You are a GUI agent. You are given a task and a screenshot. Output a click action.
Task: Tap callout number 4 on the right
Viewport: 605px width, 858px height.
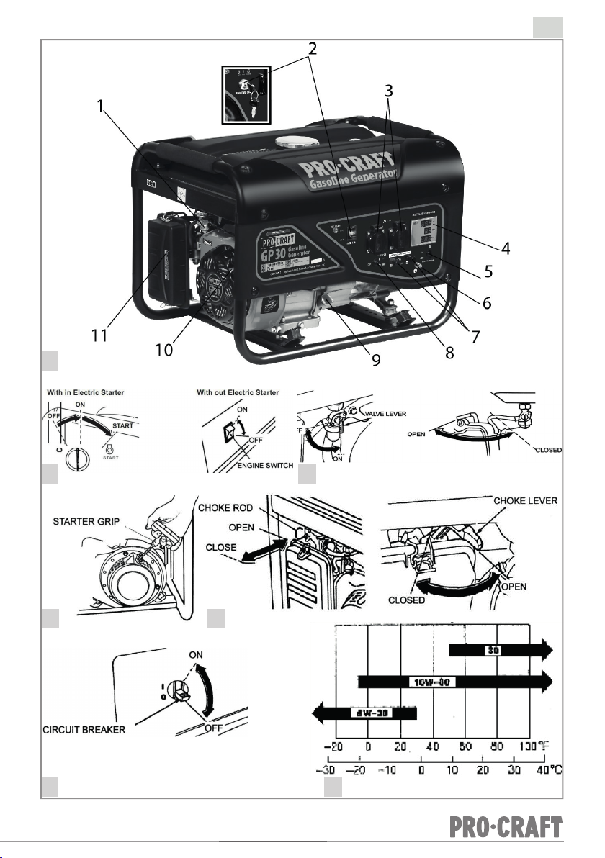point(507,248)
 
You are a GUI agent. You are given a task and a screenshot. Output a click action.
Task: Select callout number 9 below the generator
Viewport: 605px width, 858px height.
point(376,359)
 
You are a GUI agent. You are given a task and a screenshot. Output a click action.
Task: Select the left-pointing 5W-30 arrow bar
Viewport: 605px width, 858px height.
point(364,714)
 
